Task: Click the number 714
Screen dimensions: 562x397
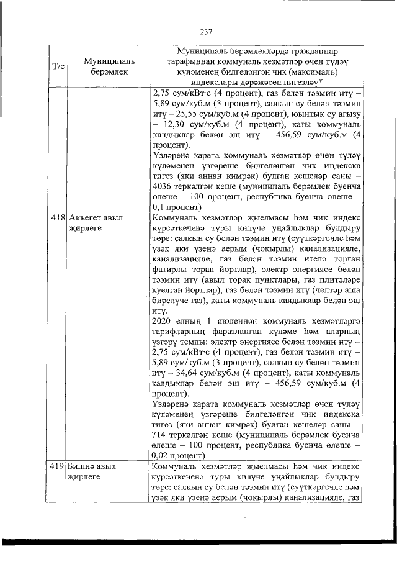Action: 158,432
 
